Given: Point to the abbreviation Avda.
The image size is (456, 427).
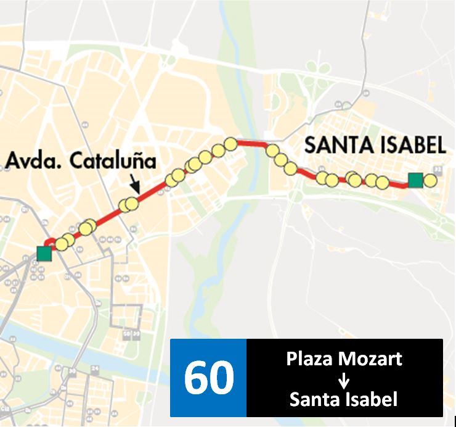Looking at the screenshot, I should coord(35,162).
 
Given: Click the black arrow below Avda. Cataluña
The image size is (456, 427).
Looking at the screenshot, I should coord(135,184).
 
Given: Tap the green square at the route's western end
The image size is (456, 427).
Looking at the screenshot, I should coord(44,253).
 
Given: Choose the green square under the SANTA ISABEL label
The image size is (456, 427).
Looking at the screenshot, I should coord(415,180).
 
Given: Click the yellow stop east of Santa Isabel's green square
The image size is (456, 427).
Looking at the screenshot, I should coord(430,181).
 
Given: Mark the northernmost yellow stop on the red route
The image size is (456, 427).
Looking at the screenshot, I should coord(230,144).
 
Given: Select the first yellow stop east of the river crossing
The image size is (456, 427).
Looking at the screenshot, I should coord(272,151).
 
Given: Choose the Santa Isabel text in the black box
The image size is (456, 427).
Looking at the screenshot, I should coord(344,400).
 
